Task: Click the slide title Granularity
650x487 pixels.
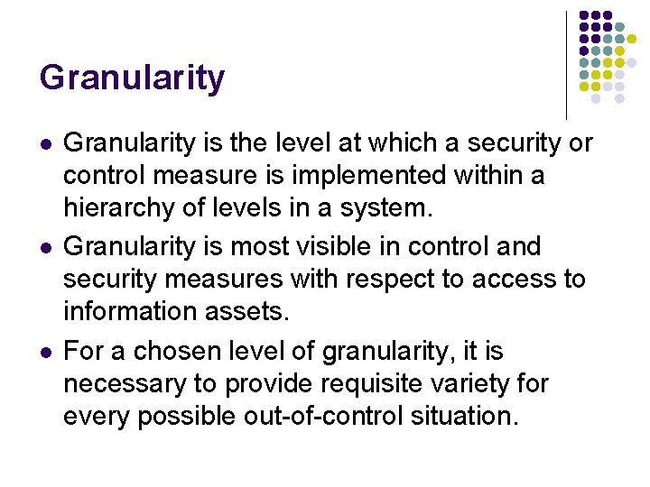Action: pos(132,79)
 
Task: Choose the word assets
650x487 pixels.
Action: pos(246,313)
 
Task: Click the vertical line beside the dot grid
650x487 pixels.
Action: pos(566,63)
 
